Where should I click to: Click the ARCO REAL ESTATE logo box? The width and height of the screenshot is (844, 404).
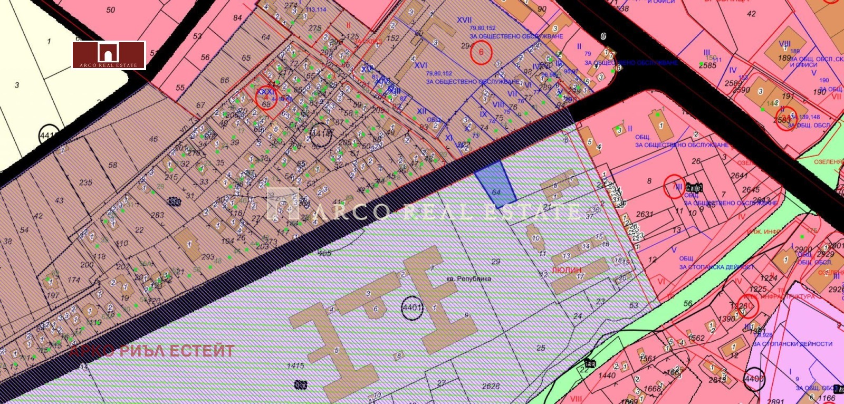coord(109,55)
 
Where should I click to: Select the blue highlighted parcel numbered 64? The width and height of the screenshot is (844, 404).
coord(496,184)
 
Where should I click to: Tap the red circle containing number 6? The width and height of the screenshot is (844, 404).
coord(481,52)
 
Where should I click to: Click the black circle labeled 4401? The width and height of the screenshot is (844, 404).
coord(412,307)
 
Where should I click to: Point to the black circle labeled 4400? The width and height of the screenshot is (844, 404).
coord(754,379)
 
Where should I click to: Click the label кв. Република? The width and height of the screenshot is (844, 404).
coord(466,278)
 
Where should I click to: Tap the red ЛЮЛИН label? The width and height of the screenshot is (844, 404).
coord(567,270)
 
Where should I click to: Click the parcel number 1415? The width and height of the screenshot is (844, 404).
coord(295,365)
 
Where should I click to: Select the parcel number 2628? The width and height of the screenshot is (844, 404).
coord(491,386)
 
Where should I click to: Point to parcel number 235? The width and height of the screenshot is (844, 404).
coord(85,182)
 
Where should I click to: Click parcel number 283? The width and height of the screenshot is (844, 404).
coord(157,215)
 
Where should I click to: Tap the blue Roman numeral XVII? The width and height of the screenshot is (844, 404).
coord(464,20)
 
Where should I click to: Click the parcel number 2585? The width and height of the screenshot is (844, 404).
coord(707,65)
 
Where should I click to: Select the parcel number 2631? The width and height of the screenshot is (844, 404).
coord(645,214)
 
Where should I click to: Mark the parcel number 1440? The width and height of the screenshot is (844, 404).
coord(607,376)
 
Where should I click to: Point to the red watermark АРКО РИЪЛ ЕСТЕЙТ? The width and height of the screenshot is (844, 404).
coord(152,351)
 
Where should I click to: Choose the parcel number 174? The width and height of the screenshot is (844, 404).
coord(73,280)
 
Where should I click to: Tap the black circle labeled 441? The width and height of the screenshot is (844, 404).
coord(47,136)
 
